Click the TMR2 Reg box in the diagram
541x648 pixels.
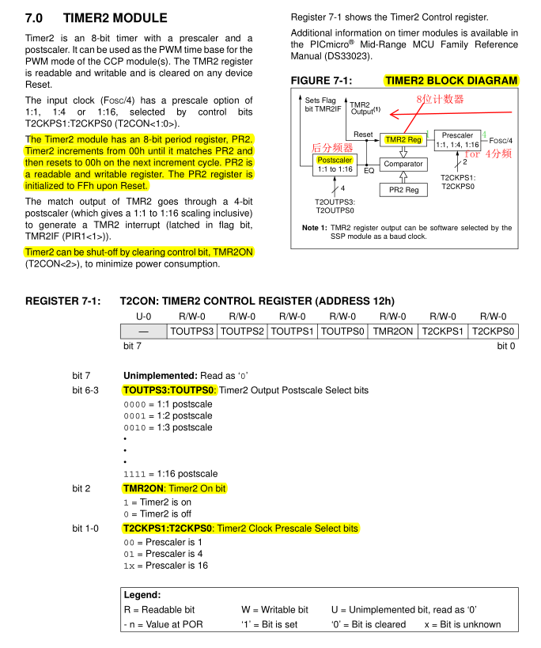[x=403, y=140]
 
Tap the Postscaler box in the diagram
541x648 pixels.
[x=335, y=165]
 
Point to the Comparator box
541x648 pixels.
[x=403, y=165]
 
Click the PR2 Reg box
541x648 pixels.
[x=403, y=190]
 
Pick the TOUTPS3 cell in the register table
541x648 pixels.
[x=192, y=332]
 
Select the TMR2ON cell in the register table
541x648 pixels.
[x=392, y=332]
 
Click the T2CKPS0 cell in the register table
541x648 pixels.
[x=493, y=332]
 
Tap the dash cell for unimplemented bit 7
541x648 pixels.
[x=143, y=332]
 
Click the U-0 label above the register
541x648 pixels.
[x=143, y=316]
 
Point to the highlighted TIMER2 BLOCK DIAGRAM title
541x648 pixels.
[x=451, y=81]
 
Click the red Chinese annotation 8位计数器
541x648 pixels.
[x=441, y=99]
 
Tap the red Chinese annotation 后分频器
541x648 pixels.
[x=331, y=147]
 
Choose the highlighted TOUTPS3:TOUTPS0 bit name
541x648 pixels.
[x=168, y=390]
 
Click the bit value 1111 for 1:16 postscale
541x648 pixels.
[x=134, y=474]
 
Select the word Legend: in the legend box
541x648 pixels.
[x=142, y=594]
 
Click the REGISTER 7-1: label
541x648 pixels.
[x=63, y=301]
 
